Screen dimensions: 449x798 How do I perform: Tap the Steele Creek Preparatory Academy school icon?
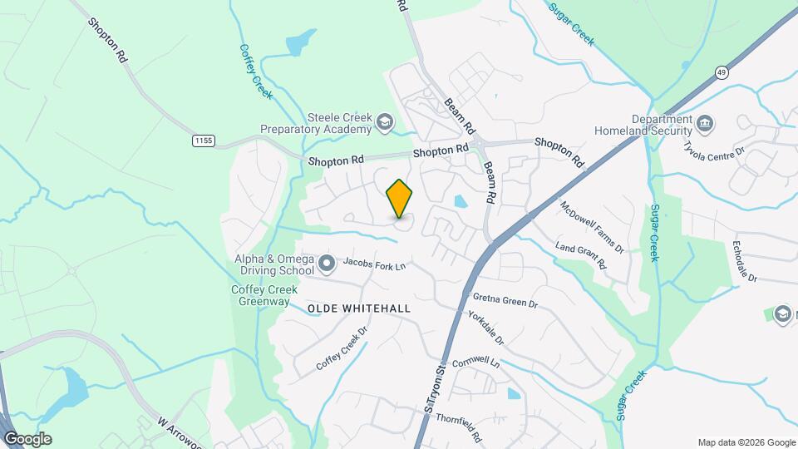384,123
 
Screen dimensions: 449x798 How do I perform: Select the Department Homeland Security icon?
704,125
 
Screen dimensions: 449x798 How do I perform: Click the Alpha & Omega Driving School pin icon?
327,264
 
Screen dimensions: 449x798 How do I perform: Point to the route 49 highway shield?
721,73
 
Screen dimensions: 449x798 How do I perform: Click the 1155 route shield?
203,141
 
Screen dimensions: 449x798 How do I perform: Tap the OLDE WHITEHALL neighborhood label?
359,308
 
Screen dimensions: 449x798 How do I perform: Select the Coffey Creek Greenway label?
259,296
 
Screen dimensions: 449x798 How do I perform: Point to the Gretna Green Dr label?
505,300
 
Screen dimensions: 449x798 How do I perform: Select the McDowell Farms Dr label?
592,226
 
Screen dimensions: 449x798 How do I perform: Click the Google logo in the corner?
27,439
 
